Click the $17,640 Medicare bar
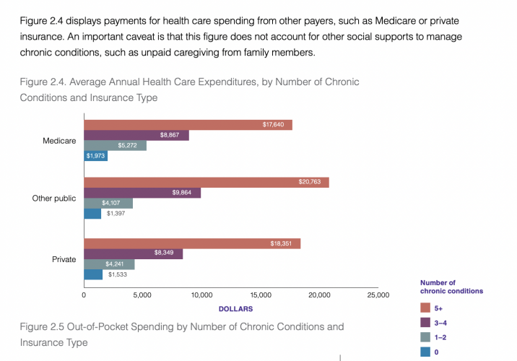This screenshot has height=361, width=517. coord(188,125)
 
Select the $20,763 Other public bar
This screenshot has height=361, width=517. coord(206,183)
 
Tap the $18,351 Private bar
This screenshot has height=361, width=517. coord(192,243)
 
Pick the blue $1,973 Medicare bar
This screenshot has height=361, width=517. coord(95,156)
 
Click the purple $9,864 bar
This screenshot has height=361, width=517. coord(142,193)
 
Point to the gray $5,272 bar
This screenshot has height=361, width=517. coord(115,145)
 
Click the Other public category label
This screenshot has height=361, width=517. coord(54,198)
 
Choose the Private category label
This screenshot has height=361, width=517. coord(64,258)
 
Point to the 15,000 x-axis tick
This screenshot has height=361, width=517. coord(260,295)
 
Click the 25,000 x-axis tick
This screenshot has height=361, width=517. coord(378,295)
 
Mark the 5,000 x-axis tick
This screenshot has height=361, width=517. coord(142,295)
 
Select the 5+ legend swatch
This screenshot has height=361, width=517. coord(425,308)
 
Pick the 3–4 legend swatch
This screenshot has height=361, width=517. coord(425,323)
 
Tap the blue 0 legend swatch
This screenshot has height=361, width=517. coord(425,352)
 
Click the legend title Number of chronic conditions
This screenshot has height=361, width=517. coord(451,287)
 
